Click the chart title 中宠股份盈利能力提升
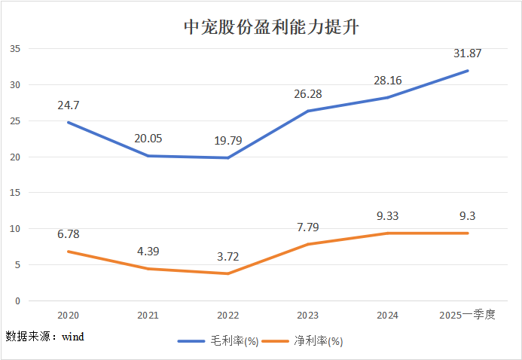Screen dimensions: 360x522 tap(261, 29)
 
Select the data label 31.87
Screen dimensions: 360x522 tap(467, 53)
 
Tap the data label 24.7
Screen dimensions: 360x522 tap(69, 105)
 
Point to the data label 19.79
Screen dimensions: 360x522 tap(228, 140)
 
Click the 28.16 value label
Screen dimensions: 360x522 tap(388, 81)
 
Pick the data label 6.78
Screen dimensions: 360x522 tap(69, 233)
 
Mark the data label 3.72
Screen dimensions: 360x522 tap(228, 256)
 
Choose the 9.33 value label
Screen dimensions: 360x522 tap(388, 215)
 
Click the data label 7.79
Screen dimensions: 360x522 tap(308, 227)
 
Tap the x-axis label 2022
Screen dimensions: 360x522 tap(228, 315)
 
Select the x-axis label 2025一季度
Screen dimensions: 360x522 tap(467, 315)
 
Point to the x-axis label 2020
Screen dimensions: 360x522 tap(69, 315)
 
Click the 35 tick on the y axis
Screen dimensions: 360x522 tap(14, 49)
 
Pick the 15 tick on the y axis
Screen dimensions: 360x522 tap(14, 193)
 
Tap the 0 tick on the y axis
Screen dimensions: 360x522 tap(17, 301)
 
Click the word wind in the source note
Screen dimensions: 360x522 tap(72, 336)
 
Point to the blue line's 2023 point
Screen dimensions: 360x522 tap(308, 111)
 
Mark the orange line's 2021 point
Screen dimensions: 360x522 tap(148, 269)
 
